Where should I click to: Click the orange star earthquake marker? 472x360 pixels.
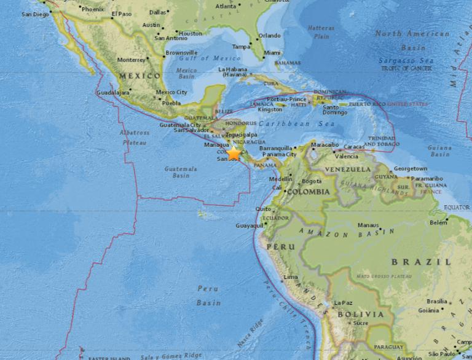click(x=234, y=153)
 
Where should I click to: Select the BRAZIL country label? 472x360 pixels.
click(x=417, y=262)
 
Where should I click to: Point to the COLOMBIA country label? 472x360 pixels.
click(x=310, y=191)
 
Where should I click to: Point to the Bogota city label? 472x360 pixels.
click(x=312, y=181)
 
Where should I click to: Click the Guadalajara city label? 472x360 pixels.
click(x=114, y=92)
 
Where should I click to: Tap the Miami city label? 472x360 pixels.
click(x=272, y=53)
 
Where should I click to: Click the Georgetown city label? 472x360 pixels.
click(x=410, y=168)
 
